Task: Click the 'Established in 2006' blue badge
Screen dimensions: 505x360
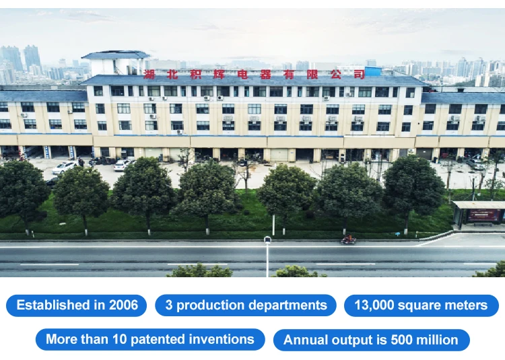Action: coord(76,305)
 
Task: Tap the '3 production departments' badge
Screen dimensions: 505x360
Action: coord(246,305)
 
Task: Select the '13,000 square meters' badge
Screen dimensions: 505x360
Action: coord(422,305)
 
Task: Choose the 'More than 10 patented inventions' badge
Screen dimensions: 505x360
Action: coord(150,339)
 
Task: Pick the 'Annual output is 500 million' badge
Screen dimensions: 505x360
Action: coord(371,340)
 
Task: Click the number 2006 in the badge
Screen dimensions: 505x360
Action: coord(123,305)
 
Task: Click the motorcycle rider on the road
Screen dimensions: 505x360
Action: coord(348,239)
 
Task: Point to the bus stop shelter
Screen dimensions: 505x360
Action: coord(479,213)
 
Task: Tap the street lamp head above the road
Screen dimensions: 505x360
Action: coord(267,240)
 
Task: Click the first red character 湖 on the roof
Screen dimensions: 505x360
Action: coord(149,75)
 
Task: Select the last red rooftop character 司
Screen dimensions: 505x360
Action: coord(360,74)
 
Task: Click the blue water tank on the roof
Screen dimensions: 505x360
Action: coord(373,71)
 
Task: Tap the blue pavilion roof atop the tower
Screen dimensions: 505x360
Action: coord(115,55)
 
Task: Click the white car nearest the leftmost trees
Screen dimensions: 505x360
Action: coord(65,168)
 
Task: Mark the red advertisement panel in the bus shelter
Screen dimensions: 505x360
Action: coord(483,215)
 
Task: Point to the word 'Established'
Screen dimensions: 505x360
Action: coord(53,305)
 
